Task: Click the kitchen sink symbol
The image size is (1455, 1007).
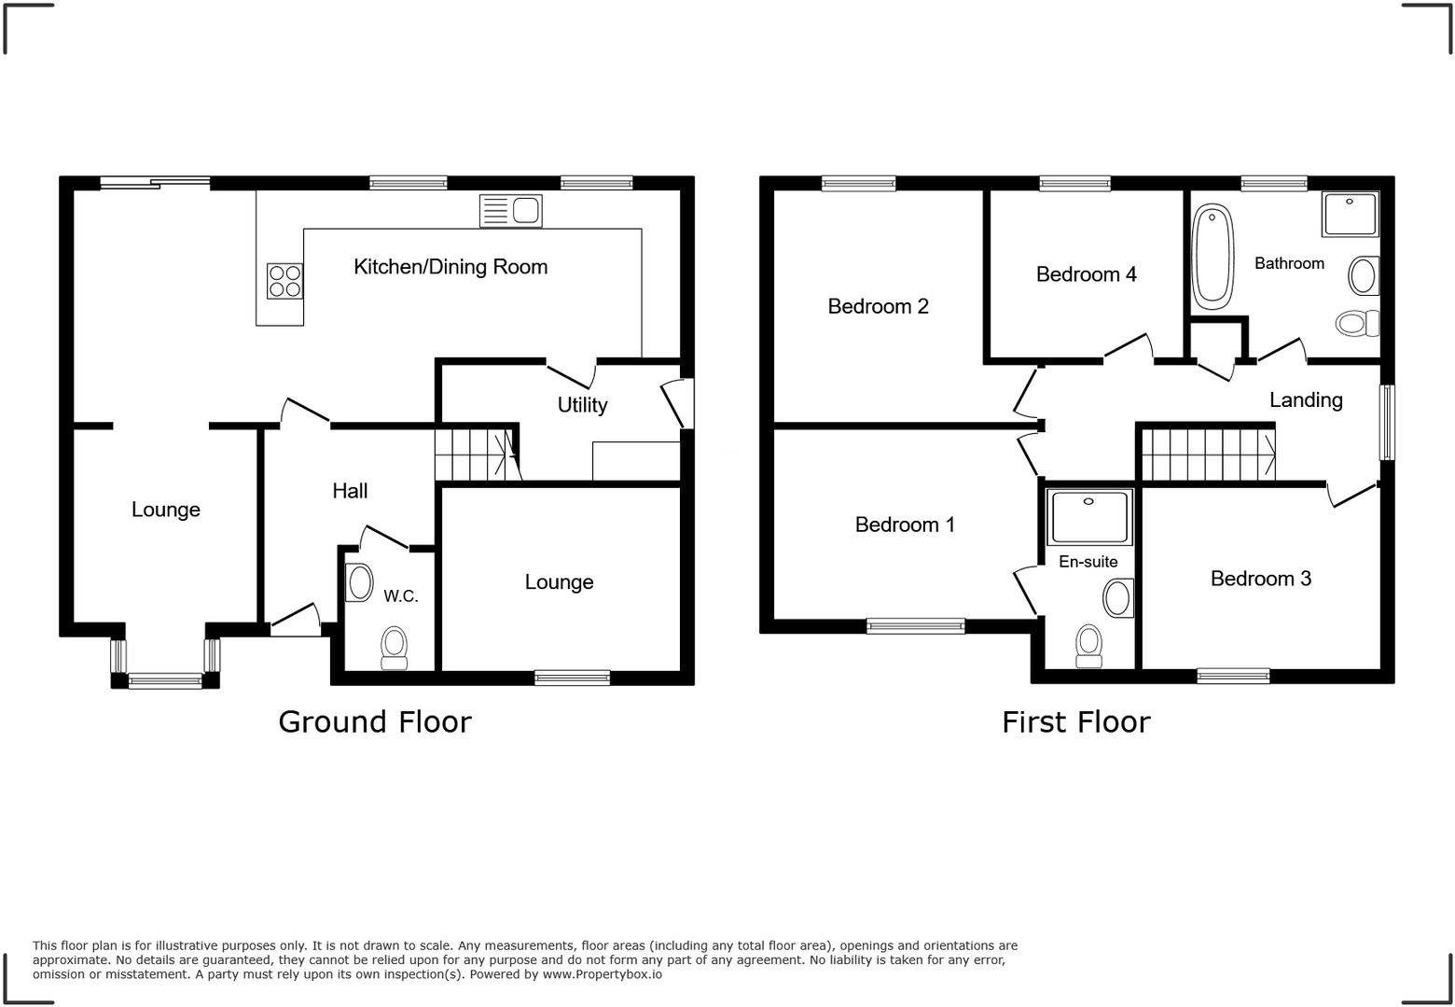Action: [510, 211]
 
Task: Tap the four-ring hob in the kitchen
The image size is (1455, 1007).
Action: [285, 281]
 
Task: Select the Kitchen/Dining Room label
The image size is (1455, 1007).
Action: [450, 267]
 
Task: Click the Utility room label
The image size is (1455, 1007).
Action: [582, 405]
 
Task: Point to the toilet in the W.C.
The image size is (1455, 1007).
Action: [395, 647]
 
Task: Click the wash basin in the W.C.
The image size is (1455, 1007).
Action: [360, 584]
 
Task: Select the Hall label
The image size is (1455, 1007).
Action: [350, 491]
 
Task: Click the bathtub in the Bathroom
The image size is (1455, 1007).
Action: [1212, 257]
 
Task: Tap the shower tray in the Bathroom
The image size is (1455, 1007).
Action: [1350, 215]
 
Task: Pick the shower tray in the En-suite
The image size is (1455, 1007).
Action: [1088, 517]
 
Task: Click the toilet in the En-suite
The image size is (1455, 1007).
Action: [1088, 645]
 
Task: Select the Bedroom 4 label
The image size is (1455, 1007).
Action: [1086, 274]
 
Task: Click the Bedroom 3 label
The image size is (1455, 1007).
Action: [1260, 579]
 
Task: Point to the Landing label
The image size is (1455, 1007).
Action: [1306, 400]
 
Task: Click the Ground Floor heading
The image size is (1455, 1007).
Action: [375, 721]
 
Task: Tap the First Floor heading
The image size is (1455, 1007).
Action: [1075, 721]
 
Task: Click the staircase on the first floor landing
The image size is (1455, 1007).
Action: [1209, 454]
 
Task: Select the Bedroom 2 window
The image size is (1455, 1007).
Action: [858, 184]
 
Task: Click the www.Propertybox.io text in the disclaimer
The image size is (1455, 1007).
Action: [602, 974]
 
